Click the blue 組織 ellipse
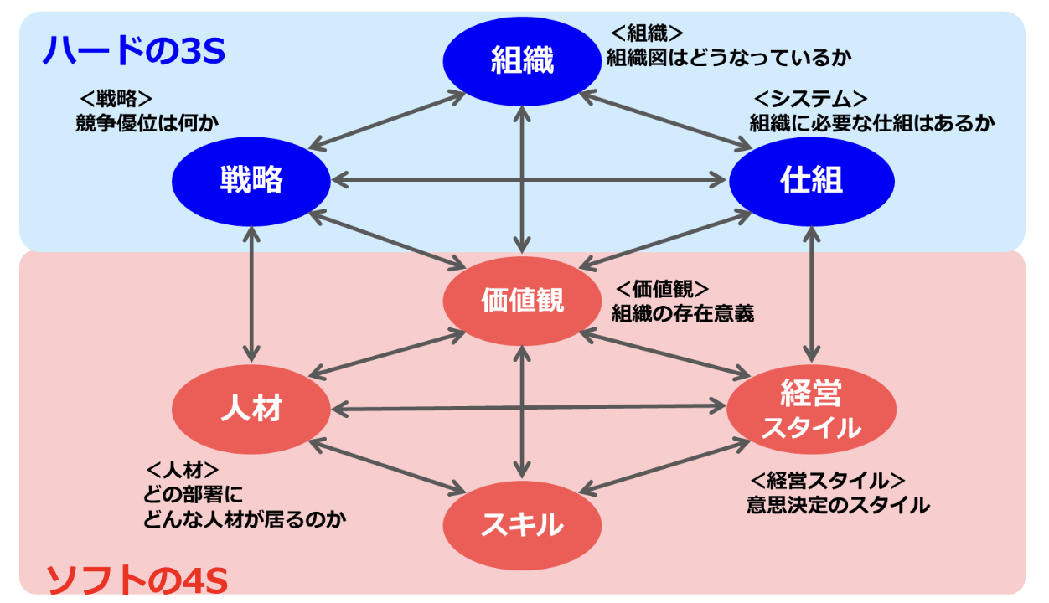[522, 60]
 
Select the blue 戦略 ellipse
[251, 179]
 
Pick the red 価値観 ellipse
[522, 301]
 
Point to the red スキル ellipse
[522, 525]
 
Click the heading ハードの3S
[134, 53]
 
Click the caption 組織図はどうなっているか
[729, 59]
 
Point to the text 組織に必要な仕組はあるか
[871, 122]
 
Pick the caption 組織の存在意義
[683, 314]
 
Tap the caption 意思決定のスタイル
[838, 505]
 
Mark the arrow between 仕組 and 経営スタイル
[810, 293]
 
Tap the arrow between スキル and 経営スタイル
[662, 466]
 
